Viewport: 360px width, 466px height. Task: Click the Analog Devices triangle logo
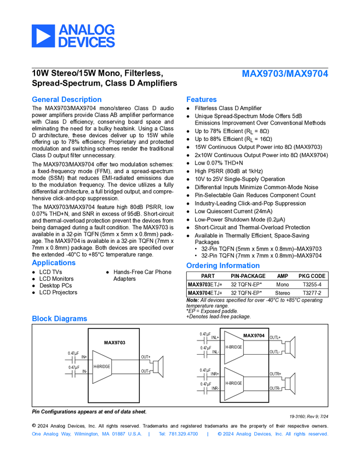[42, 36]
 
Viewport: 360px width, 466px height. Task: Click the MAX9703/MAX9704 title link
[285, 73]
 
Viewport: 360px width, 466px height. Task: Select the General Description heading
[66, 99]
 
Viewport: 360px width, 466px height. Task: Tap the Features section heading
[201, 99]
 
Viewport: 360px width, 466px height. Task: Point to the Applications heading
[54, 263]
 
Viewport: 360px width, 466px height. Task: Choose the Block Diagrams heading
[59, 319]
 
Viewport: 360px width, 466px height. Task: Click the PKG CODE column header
[312, 276]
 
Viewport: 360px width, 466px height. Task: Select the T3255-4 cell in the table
[312, 285]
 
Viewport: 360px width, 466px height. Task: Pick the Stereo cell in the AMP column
[283, 293]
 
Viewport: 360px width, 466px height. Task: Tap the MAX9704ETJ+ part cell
[205, 293]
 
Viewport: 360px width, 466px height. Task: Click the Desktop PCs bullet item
[55, 286]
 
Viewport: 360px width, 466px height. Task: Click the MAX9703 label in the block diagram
[115, 343]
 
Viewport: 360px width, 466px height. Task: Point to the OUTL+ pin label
[275, 337]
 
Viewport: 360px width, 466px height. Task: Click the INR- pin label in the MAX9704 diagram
[215, 388]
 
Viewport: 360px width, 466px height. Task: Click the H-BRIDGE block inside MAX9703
[101, 366]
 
